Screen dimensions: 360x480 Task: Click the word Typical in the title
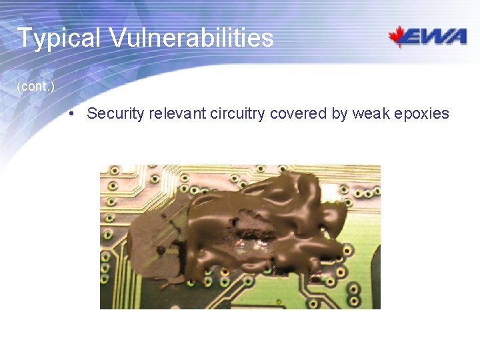pyautogui.click(x=58, y=38)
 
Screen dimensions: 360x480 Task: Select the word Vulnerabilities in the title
pyautogui.click(x=191, y=37)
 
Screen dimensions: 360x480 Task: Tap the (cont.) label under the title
pyautogui.click(x=36, y=87)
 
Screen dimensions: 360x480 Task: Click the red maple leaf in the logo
pyautogui.click(x=399, y=36)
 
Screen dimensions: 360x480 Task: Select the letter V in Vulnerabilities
pyautogui.click(x=118, y=38)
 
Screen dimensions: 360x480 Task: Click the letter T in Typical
pyautogui.click(x=24, y=38)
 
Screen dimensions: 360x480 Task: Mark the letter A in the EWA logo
pyautogui.click(x=457, y=37)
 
